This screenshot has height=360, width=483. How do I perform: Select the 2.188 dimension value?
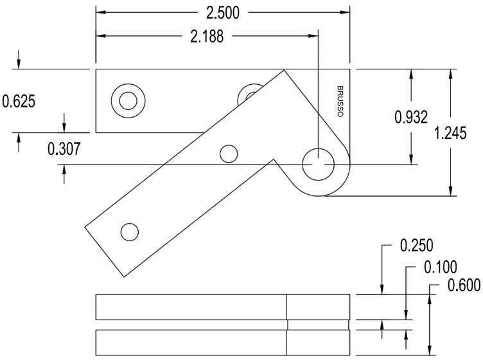coord(207,37)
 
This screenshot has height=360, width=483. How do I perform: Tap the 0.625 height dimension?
coord(19,101)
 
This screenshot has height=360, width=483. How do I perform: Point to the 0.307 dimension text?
coord(64,149)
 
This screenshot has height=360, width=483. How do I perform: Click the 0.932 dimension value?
coord(411,116)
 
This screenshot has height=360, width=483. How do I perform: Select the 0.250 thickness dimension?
coord(416,246)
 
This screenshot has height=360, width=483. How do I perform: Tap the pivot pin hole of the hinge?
coord(318,165)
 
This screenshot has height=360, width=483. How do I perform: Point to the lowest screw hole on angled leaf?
coord(130,231)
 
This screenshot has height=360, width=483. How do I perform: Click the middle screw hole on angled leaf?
coord(228,154)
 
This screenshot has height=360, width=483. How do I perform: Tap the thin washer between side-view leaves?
coord(318,324)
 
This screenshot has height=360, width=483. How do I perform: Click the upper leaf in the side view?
coord(222,307)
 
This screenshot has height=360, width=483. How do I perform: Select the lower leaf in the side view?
coord(222,342)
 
